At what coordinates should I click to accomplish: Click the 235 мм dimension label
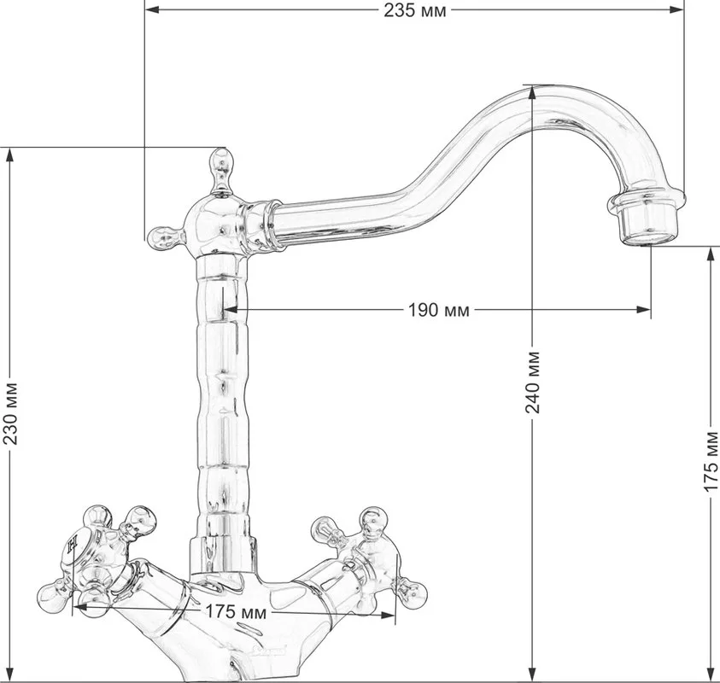[x=414, y=10]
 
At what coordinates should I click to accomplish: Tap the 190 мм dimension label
[x=439, y=310]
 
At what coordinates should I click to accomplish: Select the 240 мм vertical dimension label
[x=532, y=382]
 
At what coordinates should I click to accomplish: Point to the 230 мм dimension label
[x=10, y=413]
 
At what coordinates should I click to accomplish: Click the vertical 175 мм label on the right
[x=711, y=461]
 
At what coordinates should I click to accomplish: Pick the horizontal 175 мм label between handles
[x=236, y=611]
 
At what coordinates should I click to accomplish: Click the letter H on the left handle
[x=72, y=546]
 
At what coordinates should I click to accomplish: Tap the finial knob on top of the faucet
[x=221, y=171]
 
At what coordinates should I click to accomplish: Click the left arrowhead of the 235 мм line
[x=151, y=9]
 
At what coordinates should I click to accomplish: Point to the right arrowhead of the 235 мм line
[x=676, y=9]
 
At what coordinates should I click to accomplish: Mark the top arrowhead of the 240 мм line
[x=532, y=93]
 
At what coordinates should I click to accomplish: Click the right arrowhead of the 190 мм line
[x=643, y=310]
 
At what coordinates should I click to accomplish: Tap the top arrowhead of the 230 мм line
[x=10, y=155]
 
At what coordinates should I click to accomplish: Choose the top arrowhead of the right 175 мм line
[x=711, y=254]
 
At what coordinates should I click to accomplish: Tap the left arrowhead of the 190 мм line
[x=230, y=310]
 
